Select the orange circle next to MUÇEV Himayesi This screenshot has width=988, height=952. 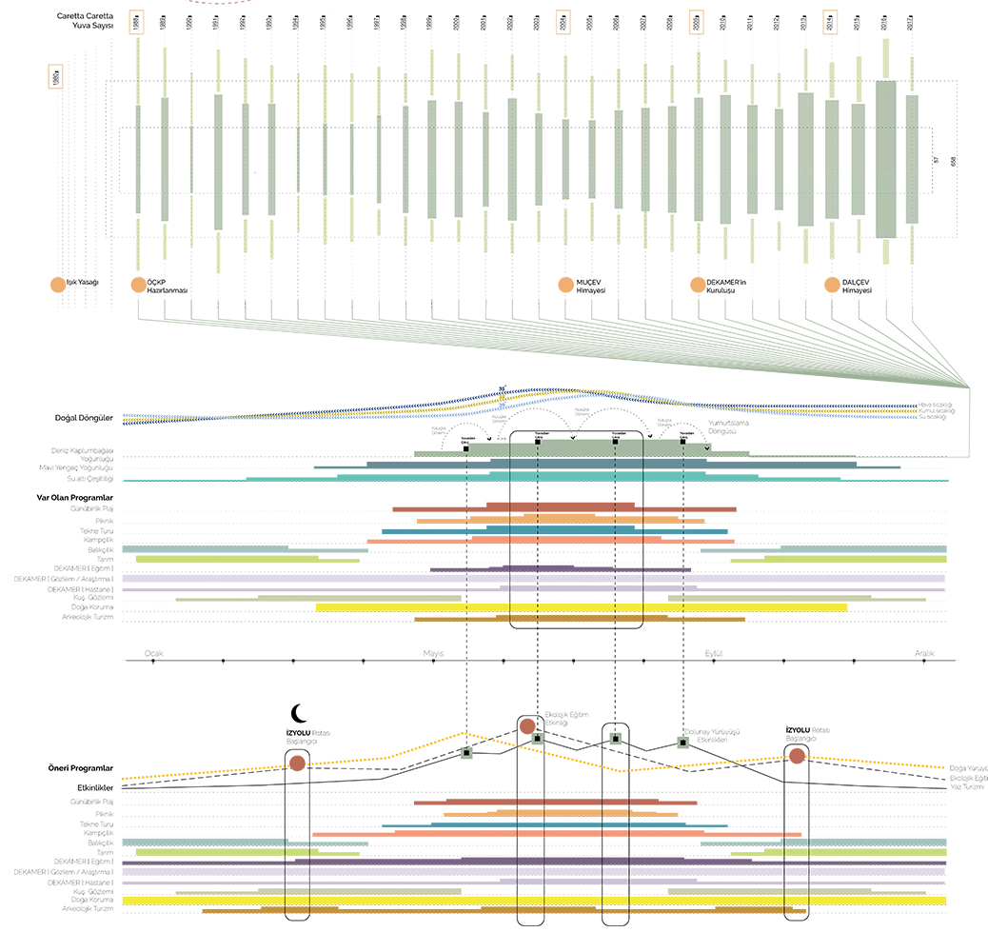(565, 284)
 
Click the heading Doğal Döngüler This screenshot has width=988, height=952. (84, 418)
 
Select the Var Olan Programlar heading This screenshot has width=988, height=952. (75, 498)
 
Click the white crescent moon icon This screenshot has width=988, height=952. (299, 713)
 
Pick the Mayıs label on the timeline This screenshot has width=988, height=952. (435, 653)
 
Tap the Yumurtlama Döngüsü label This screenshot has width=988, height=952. (732, 426)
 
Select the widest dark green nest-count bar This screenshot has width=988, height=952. (886, 159)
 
